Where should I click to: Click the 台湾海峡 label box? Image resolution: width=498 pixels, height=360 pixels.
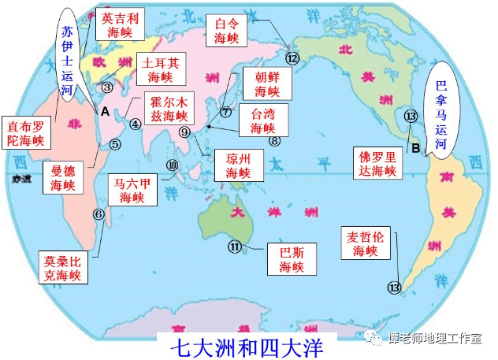click(x=262, y=120)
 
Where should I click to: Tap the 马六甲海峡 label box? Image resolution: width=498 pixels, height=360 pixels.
click(x=132, y=191)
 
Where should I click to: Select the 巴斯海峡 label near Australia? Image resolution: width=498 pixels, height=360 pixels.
click(x=292, y=259)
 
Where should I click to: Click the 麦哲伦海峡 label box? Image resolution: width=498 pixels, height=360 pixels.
click(x=360, y=243)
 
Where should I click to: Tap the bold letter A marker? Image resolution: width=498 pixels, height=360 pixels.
click(x=104, y=112)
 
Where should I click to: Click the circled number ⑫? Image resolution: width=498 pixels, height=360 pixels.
click(x=293, y=58)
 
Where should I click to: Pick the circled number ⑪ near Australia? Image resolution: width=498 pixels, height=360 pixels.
click(x=236, y=247)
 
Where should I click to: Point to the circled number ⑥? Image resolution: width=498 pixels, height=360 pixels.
click(x=98, y=213)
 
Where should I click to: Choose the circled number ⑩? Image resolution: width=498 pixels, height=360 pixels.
click(x=173, y=165)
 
